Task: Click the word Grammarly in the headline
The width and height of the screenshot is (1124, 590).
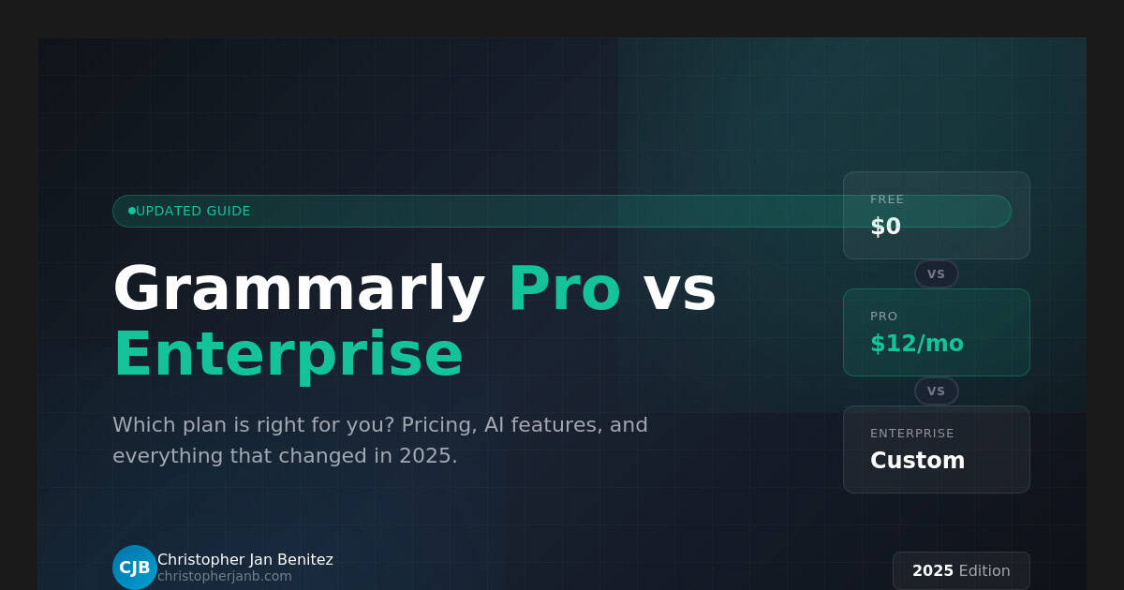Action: (x=298, y=289)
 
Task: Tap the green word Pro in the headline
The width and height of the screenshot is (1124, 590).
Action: (x=564, y=289)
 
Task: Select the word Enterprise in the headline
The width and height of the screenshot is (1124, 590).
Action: (x=288, y=355)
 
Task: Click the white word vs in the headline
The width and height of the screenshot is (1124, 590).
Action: (x=679, y=289)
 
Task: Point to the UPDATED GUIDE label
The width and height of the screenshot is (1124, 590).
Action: (x=193, y=212)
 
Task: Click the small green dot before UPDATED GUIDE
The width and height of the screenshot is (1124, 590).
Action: (x=132, y=211)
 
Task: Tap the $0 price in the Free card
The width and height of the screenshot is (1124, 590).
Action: (x=885, y=227)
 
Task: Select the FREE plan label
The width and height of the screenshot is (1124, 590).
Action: (x=887, y=199)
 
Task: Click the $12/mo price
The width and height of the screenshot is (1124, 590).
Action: (x=916, y=344)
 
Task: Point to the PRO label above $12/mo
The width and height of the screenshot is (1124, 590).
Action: (x=883, y=317)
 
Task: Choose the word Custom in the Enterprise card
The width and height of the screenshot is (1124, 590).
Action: (x=917, y=461)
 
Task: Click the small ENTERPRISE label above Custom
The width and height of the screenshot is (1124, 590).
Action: (x=911, y=434)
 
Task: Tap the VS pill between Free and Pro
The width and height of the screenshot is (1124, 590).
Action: (x=936, y=274)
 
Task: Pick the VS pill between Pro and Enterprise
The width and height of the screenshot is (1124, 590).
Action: (x=936, y=391)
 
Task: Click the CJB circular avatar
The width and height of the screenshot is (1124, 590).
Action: (x=135, y=568)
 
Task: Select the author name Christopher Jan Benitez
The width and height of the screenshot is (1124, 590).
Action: (x=245, y=560)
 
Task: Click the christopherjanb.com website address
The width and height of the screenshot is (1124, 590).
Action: (x=225, y=577)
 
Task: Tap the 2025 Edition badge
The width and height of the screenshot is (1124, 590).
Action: (x=961, y=571)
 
